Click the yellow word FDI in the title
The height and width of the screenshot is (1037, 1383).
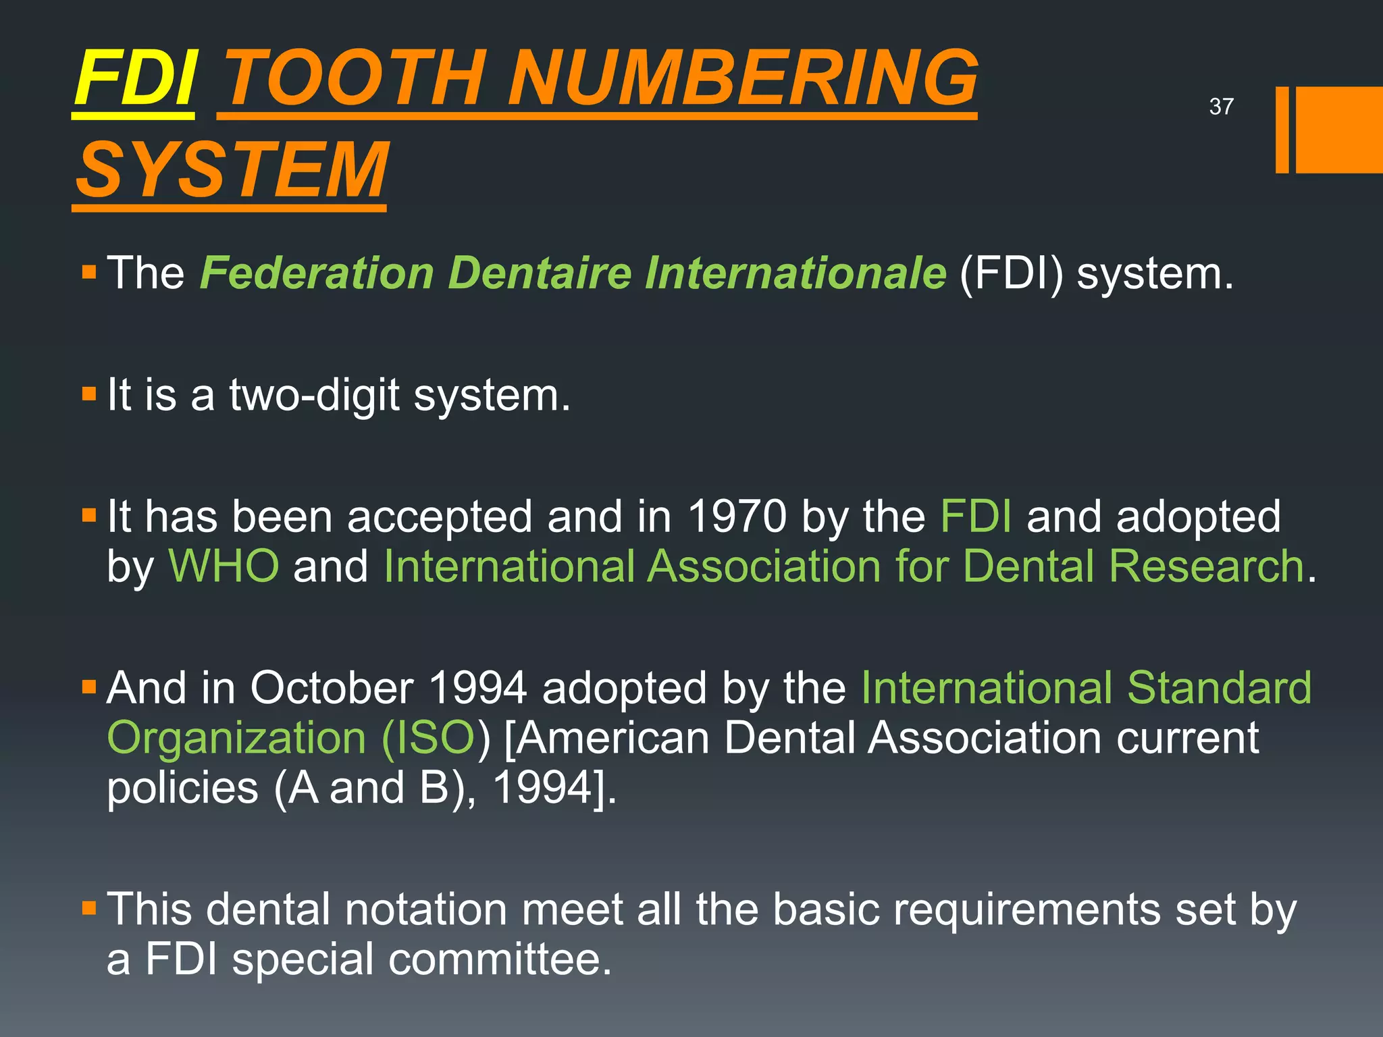[135, 80]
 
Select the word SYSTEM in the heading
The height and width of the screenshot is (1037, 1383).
[232, 170]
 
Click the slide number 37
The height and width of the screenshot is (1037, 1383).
[1221, 107]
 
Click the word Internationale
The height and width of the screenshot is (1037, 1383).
[795, 273]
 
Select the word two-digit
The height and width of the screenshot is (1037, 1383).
[314, 395]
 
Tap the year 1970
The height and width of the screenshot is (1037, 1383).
[737, 517]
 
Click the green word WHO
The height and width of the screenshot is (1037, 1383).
[224, 566]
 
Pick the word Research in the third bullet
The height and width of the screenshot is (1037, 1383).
[1206, 566]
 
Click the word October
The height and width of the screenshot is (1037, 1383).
[332, 689]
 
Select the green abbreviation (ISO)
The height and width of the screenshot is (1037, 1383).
[428, 738]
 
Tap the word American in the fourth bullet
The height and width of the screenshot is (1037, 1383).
[614, 738]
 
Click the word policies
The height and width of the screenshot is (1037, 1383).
[182, 788]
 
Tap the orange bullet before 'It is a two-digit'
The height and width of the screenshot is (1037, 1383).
[89, 394]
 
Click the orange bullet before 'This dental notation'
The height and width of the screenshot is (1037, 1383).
[89, 908]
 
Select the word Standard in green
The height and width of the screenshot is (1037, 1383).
[1219, 689]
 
